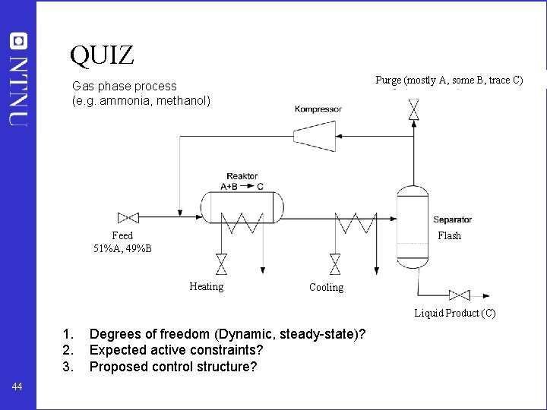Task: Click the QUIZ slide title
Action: pyautogui.click(x=102, y=55)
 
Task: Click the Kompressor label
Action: pyautogui.click(x=318, y=109)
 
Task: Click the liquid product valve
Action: pyautogui.click(x=459, y=295)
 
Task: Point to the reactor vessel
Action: pyautogui.click(x=241, y=206)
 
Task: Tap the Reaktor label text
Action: pyautogui.click(x=242, y=176)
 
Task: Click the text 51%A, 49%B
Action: pyautogui.click(x=122, y=248)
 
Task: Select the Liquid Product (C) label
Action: pyautogui.click(x=454, y=313)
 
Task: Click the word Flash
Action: pyautogui.click(x=449, y=235)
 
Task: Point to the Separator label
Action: pyautogui.click(x=452, y=220)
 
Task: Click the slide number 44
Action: pyautogui.click(x=18, y=387)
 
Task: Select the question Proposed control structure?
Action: pyautogui.click(x=173, y=367)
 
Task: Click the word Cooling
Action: pyautogui.click(x=326, y=287)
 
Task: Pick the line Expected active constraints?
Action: pyautogui.click(x=176, y=350)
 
